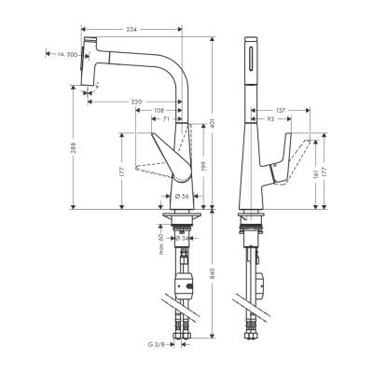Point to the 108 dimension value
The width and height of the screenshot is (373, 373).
[159, 110]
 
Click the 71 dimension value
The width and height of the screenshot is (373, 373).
[166, 120]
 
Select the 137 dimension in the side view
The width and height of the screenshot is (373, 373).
[279, 110]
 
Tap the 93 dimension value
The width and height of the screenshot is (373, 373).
[270, 120]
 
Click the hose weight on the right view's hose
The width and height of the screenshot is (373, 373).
[258, 278]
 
